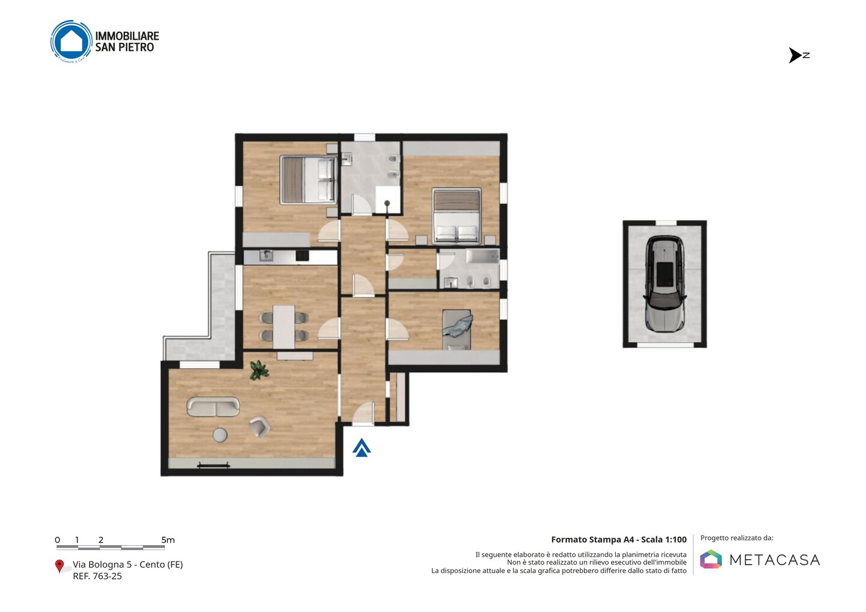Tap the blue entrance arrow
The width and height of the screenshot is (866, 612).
[x=361, y=447]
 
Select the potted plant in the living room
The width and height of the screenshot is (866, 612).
[x=259, y=370]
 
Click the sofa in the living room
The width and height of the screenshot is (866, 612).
[x=213, y=407]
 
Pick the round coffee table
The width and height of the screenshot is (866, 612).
[x=220, y=435]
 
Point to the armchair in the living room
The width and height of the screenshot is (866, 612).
[x=259, y=427]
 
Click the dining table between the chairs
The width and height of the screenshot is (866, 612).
[x=284, y=327]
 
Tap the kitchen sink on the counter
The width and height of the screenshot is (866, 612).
[x=266, y=256]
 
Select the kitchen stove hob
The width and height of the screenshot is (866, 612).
[x=302, y=256]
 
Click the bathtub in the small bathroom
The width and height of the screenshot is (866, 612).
[x=482, y=256]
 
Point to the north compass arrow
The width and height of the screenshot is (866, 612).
[x=795, y=55]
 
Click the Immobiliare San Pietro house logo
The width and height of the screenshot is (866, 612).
[x=71, y=41]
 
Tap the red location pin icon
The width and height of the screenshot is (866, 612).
[x=59, y=566]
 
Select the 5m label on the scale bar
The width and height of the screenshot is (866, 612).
[x=168, y=540]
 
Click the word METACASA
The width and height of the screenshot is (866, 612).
[x=775, y=560]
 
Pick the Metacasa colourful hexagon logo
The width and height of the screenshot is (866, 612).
[x=711, y=559]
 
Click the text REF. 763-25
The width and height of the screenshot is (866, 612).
[x=97, y=576]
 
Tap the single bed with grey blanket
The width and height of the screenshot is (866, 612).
[x=456, y=329]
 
